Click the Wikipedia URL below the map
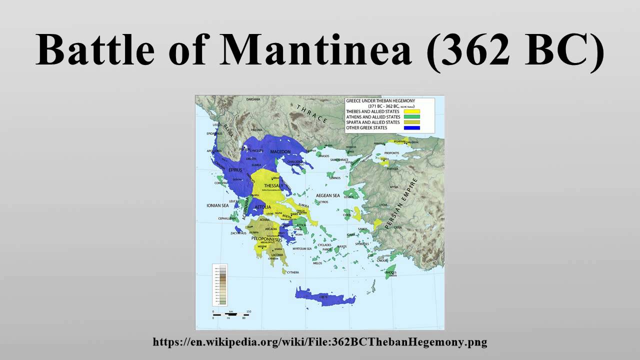[320, 342]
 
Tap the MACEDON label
[280, 151]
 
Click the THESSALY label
[273, 185]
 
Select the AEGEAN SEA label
[328, 195]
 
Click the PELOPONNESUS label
[267, 239]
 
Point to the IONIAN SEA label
[217, 205]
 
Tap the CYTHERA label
[292, 272]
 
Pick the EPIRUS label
[235, 170]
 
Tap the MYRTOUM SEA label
[302, 248]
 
